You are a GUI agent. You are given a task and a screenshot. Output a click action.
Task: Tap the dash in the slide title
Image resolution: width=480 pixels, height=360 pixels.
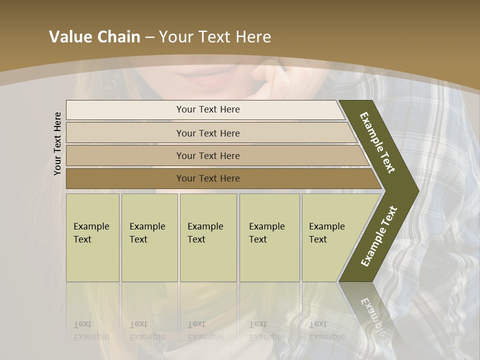pyautogui.click(x=149, y=37)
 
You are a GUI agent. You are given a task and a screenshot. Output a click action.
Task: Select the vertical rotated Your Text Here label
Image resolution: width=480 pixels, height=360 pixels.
pyautogui.click(x=58, y=143)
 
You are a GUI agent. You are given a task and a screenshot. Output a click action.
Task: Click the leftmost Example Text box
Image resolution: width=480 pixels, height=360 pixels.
pyautogui.click(x=92, y=237)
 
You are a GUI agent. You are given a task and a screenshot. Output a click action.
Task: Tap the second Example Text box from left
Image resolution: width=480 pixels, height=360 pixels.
pyautogui.click(x=149, y=237)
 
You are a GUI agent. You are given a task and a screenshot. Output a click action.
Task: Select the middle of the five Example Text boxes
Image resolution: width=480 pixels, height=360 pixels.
pyautogui.click(x=208, y=237)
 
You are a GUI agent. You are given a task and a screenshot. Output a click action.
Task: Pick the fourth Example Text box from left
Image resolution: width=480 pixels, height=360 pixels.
pyautogui.click(x=269, y=237)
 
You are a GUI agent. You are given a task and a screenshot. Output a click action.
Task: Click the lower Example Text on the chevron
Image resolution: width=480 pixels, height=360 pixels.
pyautogui.click(x=378, y=236)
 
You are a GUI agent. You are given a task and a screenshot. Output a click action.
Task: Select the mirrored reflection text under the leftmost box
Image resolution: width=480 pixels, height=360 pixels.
pyautogui.click(x=91, y=330)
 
